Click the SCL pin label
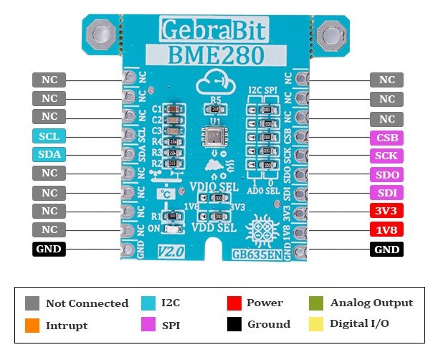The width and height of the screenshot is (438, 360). (x=49, y=136)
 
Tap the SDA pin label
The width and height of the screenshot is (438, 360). (x=49, y=155)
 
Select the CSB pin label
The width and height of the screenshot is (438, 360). (x=386, y=137)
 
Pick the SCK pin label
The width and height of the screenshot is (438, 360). (x=386, y=156)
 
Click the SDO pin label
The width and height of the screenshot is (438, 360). (x=386, y=174)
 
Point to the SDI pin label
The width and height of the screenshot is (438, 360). (x=386, y=193)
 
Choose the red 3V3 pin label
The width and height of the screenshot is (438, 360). (x=386, y=212)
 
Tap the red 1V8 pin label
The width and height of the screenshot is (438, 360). (x=386, y=230)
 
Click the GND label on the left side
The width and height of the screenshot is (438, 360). (x=49, y=250)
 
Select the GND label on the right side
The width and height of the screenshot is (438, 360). (x=386, y=250)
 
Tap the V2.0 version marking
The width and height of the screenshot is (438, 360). (x=170, y=251)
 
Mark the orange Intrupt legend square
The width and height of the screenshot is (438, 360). (x=32, y=325)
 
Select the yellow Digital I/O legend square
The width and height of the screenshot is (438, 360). (x=316, y=324)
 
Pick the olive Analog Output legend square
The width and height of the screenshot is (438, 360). (x=316, y=303)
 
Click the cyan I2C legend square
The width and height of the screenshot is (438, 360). (x=151, y=303)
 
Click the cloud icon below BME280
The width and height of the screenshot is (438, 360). (x=215, y=81)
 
